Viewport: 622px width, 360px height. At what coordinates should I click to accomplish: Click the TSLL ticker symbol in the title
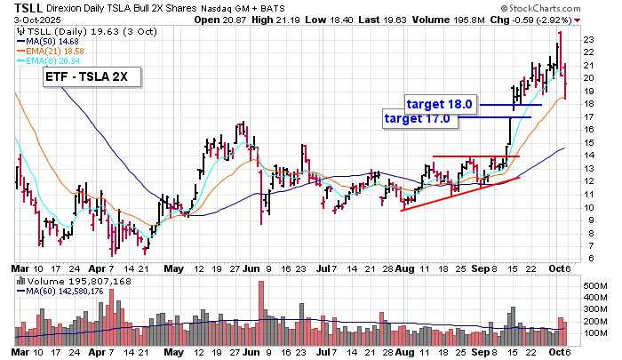(x=20, y=6)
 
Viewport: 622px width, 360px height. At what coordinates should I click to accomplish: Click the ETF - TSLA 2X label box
(x=87, y=78)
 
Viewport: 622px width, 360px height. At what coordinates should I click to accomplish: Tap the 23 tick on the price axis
(x=587, y=39)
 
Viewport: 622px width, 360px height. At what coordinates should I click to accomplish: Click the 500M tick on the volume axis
(x=594, y=284)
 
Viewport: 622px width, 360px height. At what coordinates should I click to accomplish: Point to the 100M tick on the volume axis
(x=594, y=332)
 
